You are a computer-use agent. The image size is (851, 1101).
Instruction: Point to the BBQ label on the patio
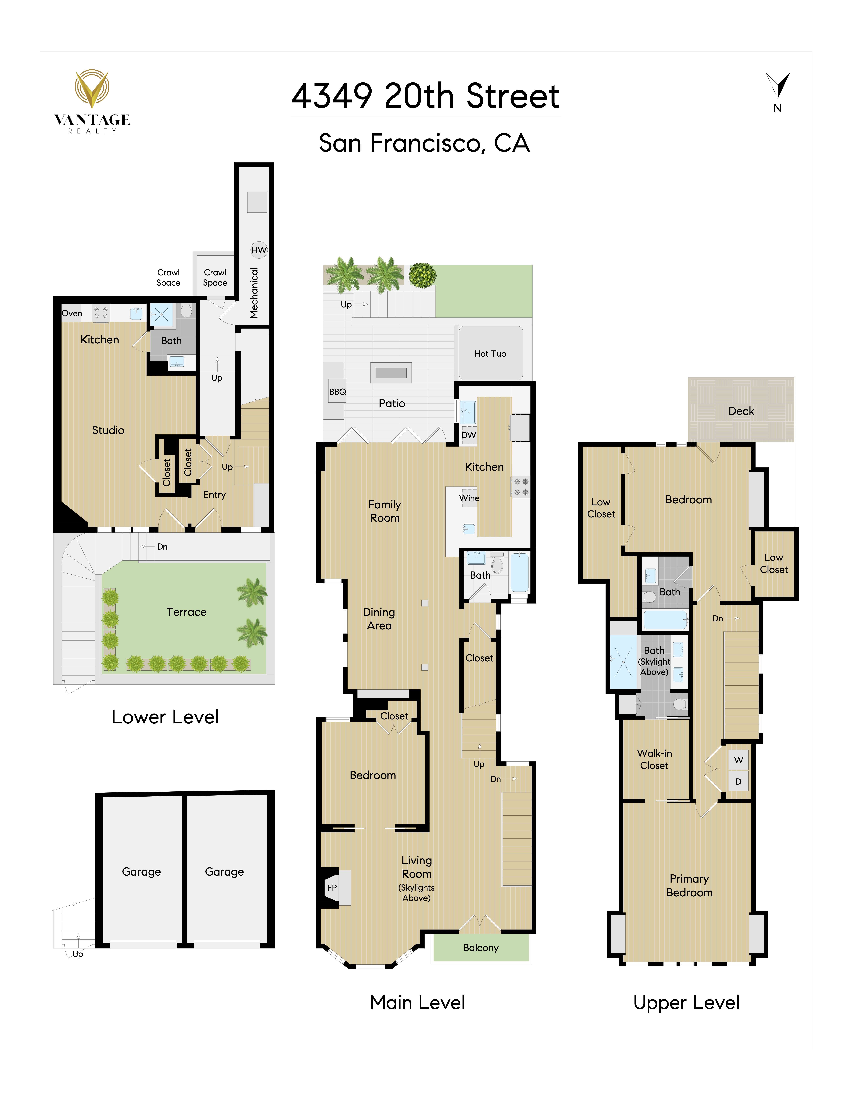(x=337, y=392)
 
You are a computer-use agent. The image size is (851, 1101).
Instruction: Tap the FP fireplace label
(x=332, y=888)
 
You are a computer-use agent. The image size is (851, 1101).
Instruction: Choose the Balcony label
(x=480, y=948)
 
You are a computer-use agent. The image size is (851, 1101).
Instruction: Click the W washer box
(x=739, y=760)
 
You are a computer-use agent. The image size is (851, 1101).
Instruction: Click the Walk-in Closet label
(x=654, y=759)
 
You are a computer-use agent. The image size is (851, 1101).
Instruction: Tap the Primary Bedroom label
(x=689, y=886)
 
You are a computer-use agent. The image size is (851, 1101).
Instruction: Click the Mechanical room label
(x=254, y=293)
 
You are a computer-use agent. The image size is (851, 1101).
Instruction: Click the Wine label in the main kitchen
(x=469, y=498)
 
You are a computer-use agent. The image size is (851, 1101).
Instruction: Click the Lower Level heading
(x=165, y=717)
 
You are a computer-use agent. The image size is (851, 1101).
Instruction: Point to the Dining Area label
(x=379, y=619)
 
